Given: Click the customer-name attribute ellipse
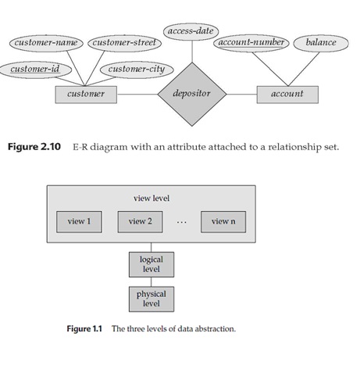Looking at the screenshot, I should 45,42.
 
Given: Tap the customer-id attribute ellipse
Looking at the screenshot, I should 34,70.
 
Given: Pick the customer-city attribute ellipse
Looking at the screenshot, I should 135,70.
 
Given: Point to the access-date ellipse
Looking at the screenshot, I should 191,31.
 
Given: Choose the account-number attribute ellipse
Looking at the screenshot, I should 251,42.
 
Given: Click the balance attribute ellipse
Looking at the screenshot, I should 321,42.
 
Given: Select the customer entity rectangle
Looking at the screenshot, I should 86,95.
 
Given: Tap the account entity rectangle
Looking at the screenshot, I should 287,95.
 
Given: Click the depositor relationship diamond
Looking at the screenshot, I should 191,95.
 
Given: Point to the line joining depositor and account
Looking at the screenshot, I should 242,95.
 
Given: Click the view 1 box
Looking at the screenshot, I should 79,221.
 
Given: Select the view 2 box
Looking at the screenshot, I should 140,221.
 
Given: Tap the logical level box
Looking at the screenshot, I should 151,263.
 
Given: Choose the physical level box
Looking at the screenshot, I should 151,299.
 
